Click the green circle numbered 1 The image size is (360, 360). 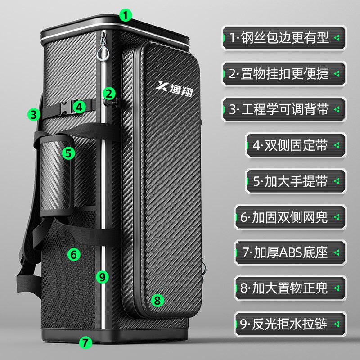pyautogui.click(x=126, y=15)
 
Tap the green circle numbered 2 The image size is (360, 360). pyautogui.click(x=109, y=94)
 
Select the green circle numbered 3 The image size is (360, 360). pyautogui.click(x=34, y=114)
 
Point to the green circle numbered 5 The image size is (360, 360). pyautogui.click(x=68, y=153)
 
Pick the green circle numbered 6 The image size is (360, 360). pyautogui.click(x=74, y=254)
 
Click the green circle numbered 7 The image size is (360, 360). pyautogui.click(x=85, y=342)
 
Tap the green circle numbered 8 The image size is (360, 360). pyautogui.click(x=157, y=300)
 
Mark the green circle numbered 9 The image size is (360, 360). pyautogui.click(x=102, y=277)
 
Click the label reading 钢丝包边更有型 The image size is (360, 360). pyautogui.click(x=284, y=37)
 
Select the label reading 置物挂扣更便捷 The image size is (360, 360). pyautogui.click(x=284, y=74)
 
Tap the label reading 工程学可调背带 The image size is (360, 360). pyautogui.click(x=284, y=109)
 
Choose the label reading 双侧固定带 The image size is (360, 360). pyautogui.click(x=296, y=145)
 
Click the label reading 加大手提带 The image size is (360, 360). pyautogui.click(x=296, y=181)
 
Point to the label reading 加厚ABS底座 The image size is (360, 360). pyautogui.click(x=290, y=252)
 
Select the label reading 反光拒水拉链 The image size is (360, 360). pyautogui.click(x=290, y=324)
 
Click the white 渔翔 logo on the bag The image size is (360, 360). pyautogui.click(x=175, y=89)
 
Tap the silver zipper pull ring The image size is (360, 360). pyautogui.click(x=103, y=53)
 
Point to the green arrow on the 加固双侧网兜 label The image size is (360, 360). pyautogui.click(x=337, y=217)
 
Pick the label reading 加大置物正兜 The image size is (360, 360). pyautogui.click(x=290, y=288)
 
